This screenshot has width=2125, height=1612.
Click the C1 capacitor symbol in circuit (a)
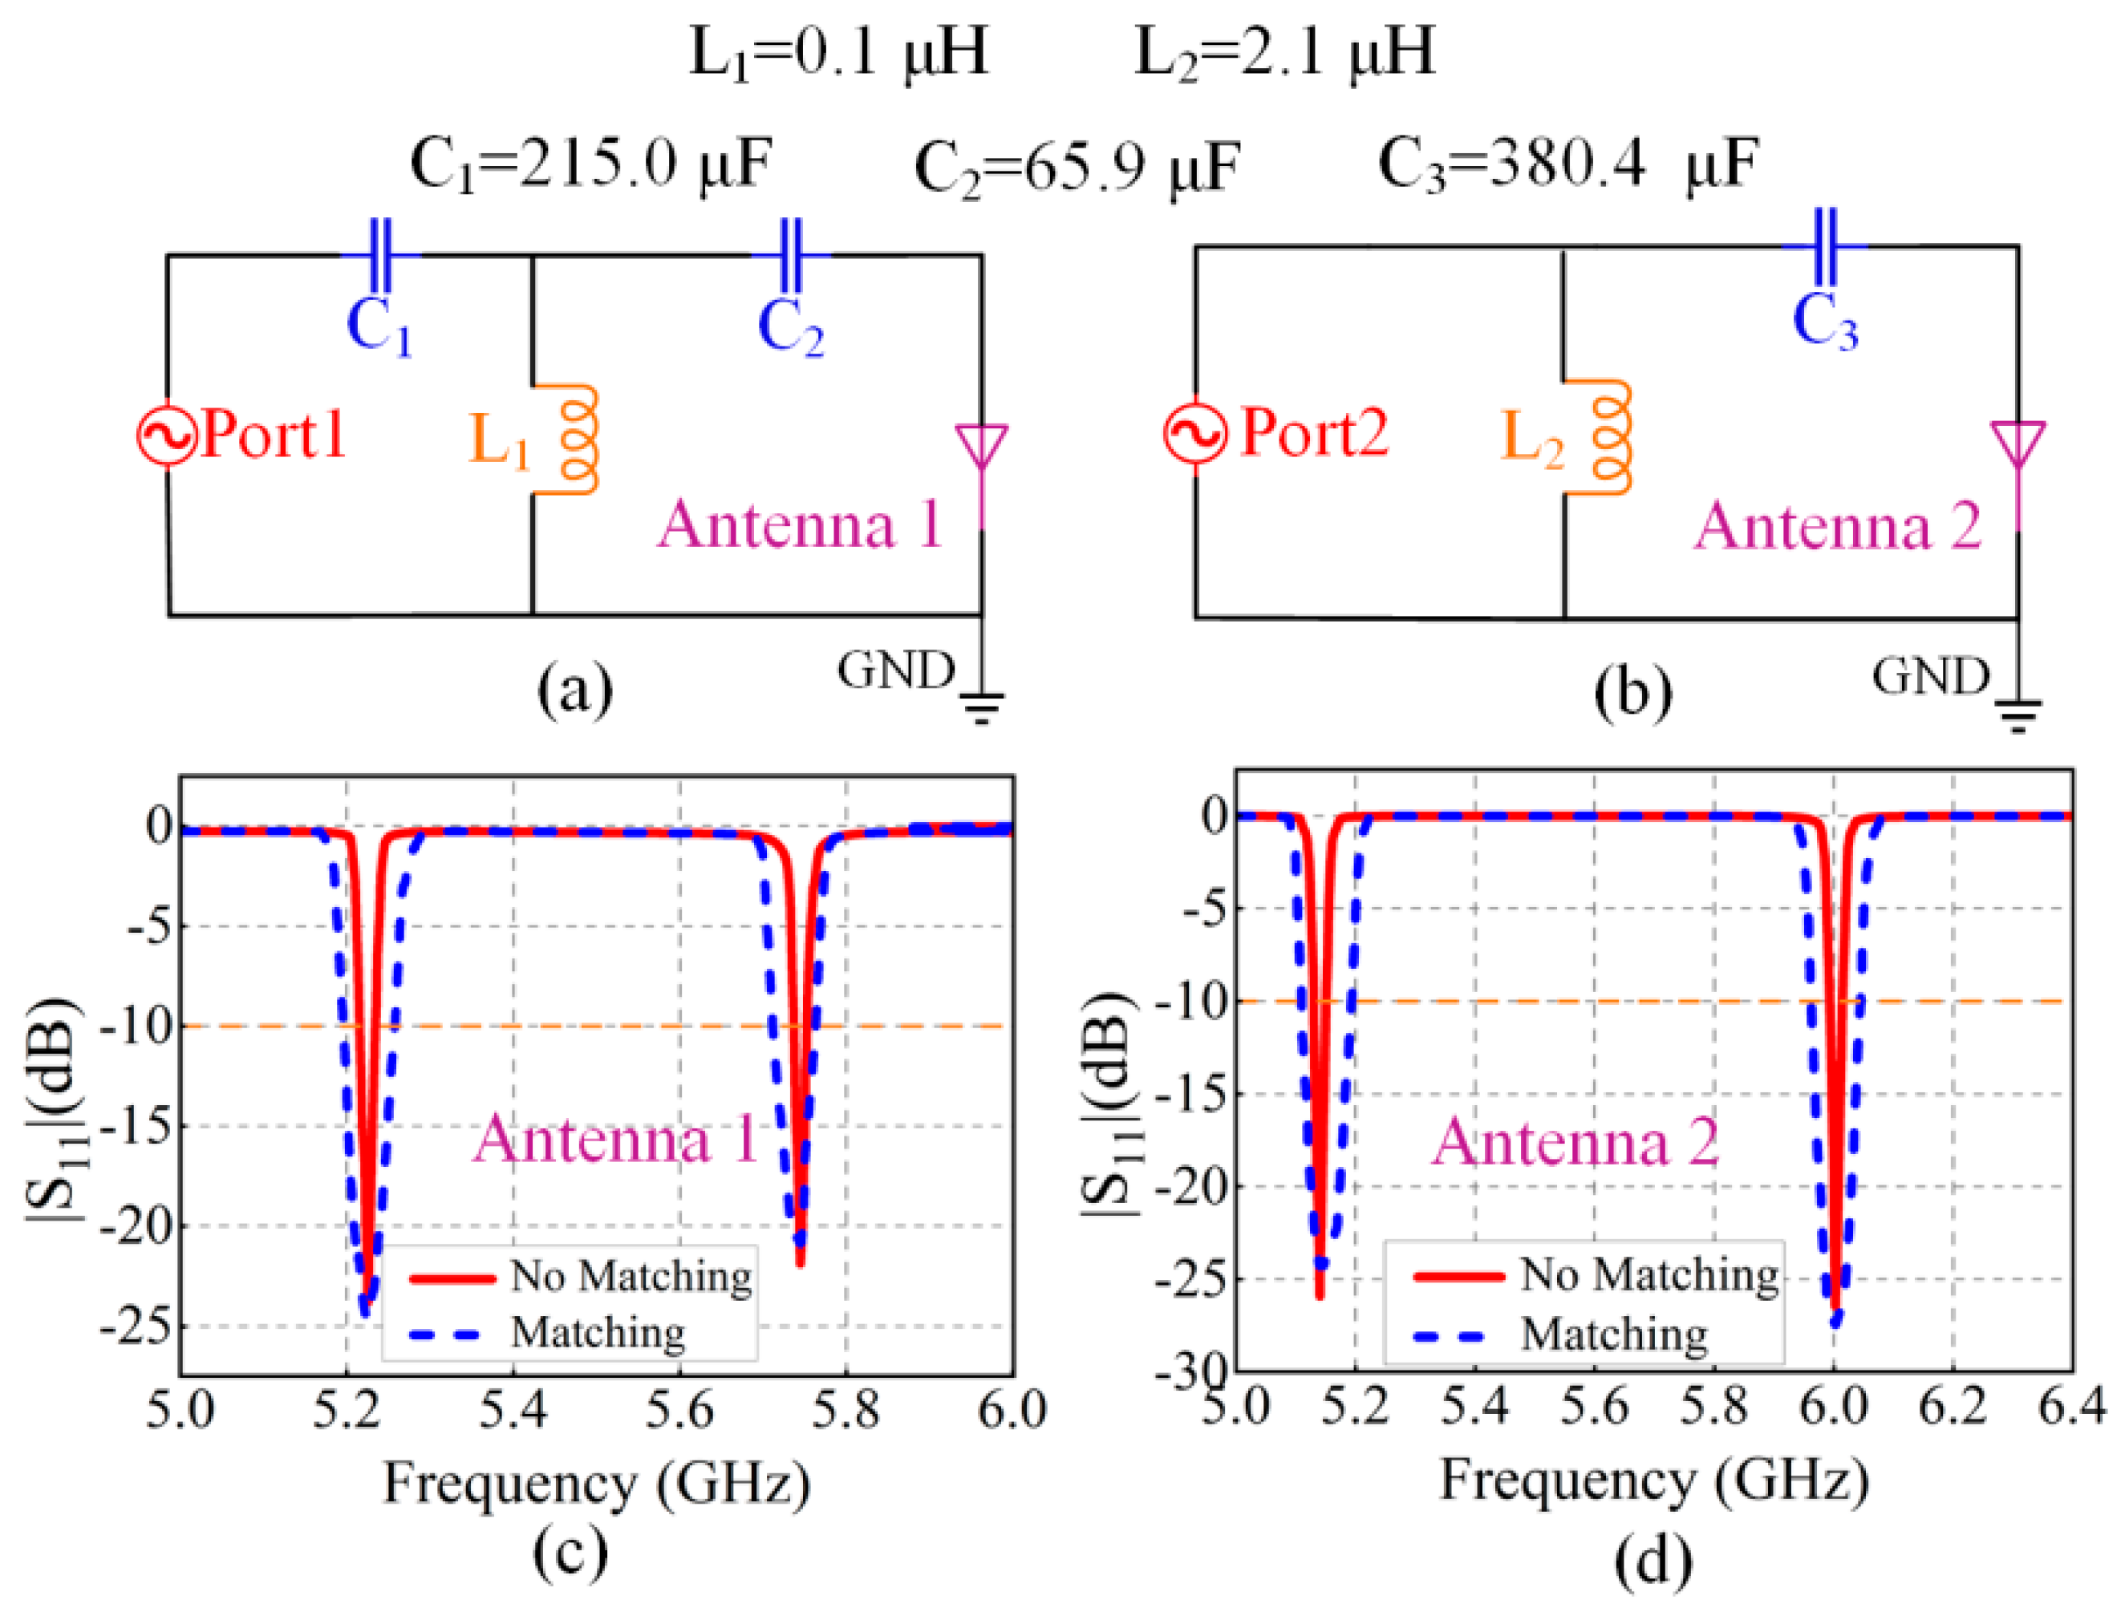(x=380, y=256)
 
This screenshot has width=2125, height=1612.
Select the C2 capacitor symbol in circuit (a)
(x=791, y=256)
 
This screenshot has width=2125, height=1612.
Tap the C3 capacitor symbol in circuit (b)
(x=1825, y=247)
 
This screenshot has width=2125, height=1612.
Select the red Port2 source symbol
(x=1196, y=432)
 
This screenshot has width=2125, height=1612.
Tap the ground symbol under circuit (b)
(x=2018, y=715)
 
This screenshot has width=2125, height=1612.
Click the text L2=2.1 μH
(x=1284, y=52)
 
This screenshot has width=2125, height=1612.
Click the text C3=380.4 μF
(x=1567, y=164)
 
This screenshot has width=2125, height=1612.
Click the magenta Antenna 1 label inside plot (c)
(x=614, y=1140)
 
